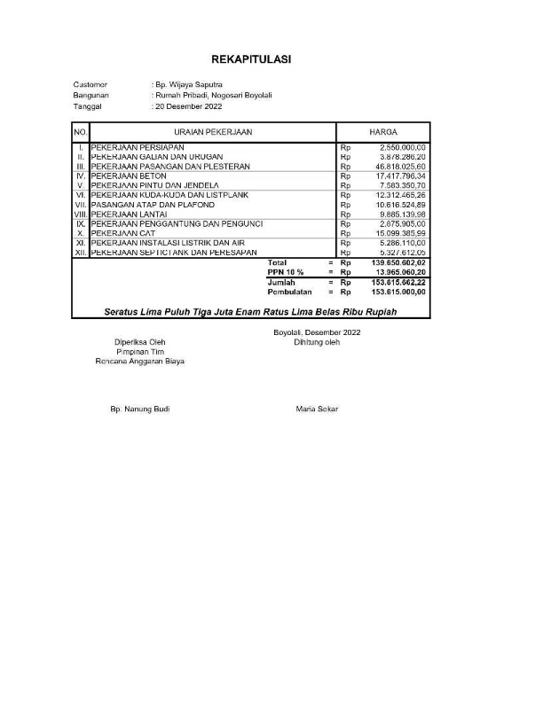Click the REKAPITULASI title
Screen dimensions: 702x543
coord(251,59)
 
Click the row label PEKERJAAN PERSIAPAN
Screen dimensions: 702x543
coord(138,146)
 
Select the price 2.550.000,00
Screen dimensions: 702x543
coord(403,146)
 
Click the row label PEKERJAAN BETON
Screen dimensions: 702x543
coord(130,175)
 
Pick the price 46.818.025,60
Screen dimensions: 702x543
coord(401,166)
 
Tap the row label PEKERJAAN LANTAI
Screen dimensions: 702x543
coord(131,214)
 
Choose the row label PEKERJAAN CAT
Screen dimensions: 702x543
coord(127,233)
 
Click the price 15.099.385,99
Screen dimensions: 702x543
coord(401,233)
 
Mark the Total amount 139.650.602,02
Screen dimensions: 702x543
coord(399,263)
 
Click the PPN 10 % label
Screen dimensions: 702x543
coord(286,272)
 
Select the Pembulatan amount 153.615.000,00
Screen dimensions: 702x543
coord(399,292)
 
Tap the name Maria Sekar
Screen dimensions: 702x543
coord(317,409)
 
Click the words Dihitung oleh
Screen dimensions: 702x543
coord(317,341)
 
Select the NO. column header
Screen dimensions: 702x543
coord(80,131)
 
